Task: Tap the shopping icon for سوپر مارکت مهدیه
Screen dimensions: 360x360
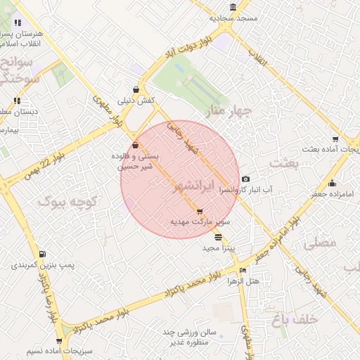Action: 200,211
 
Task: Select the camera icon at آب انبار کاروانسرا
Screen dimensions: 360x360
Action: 245,179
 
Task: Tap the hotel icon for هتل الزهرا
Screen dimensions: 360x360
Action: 243,270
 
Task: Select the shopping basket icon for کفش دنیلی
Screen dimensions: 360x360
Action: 135,90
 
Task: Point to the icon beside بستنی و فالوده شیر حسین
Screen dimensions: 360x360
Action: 135,146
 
